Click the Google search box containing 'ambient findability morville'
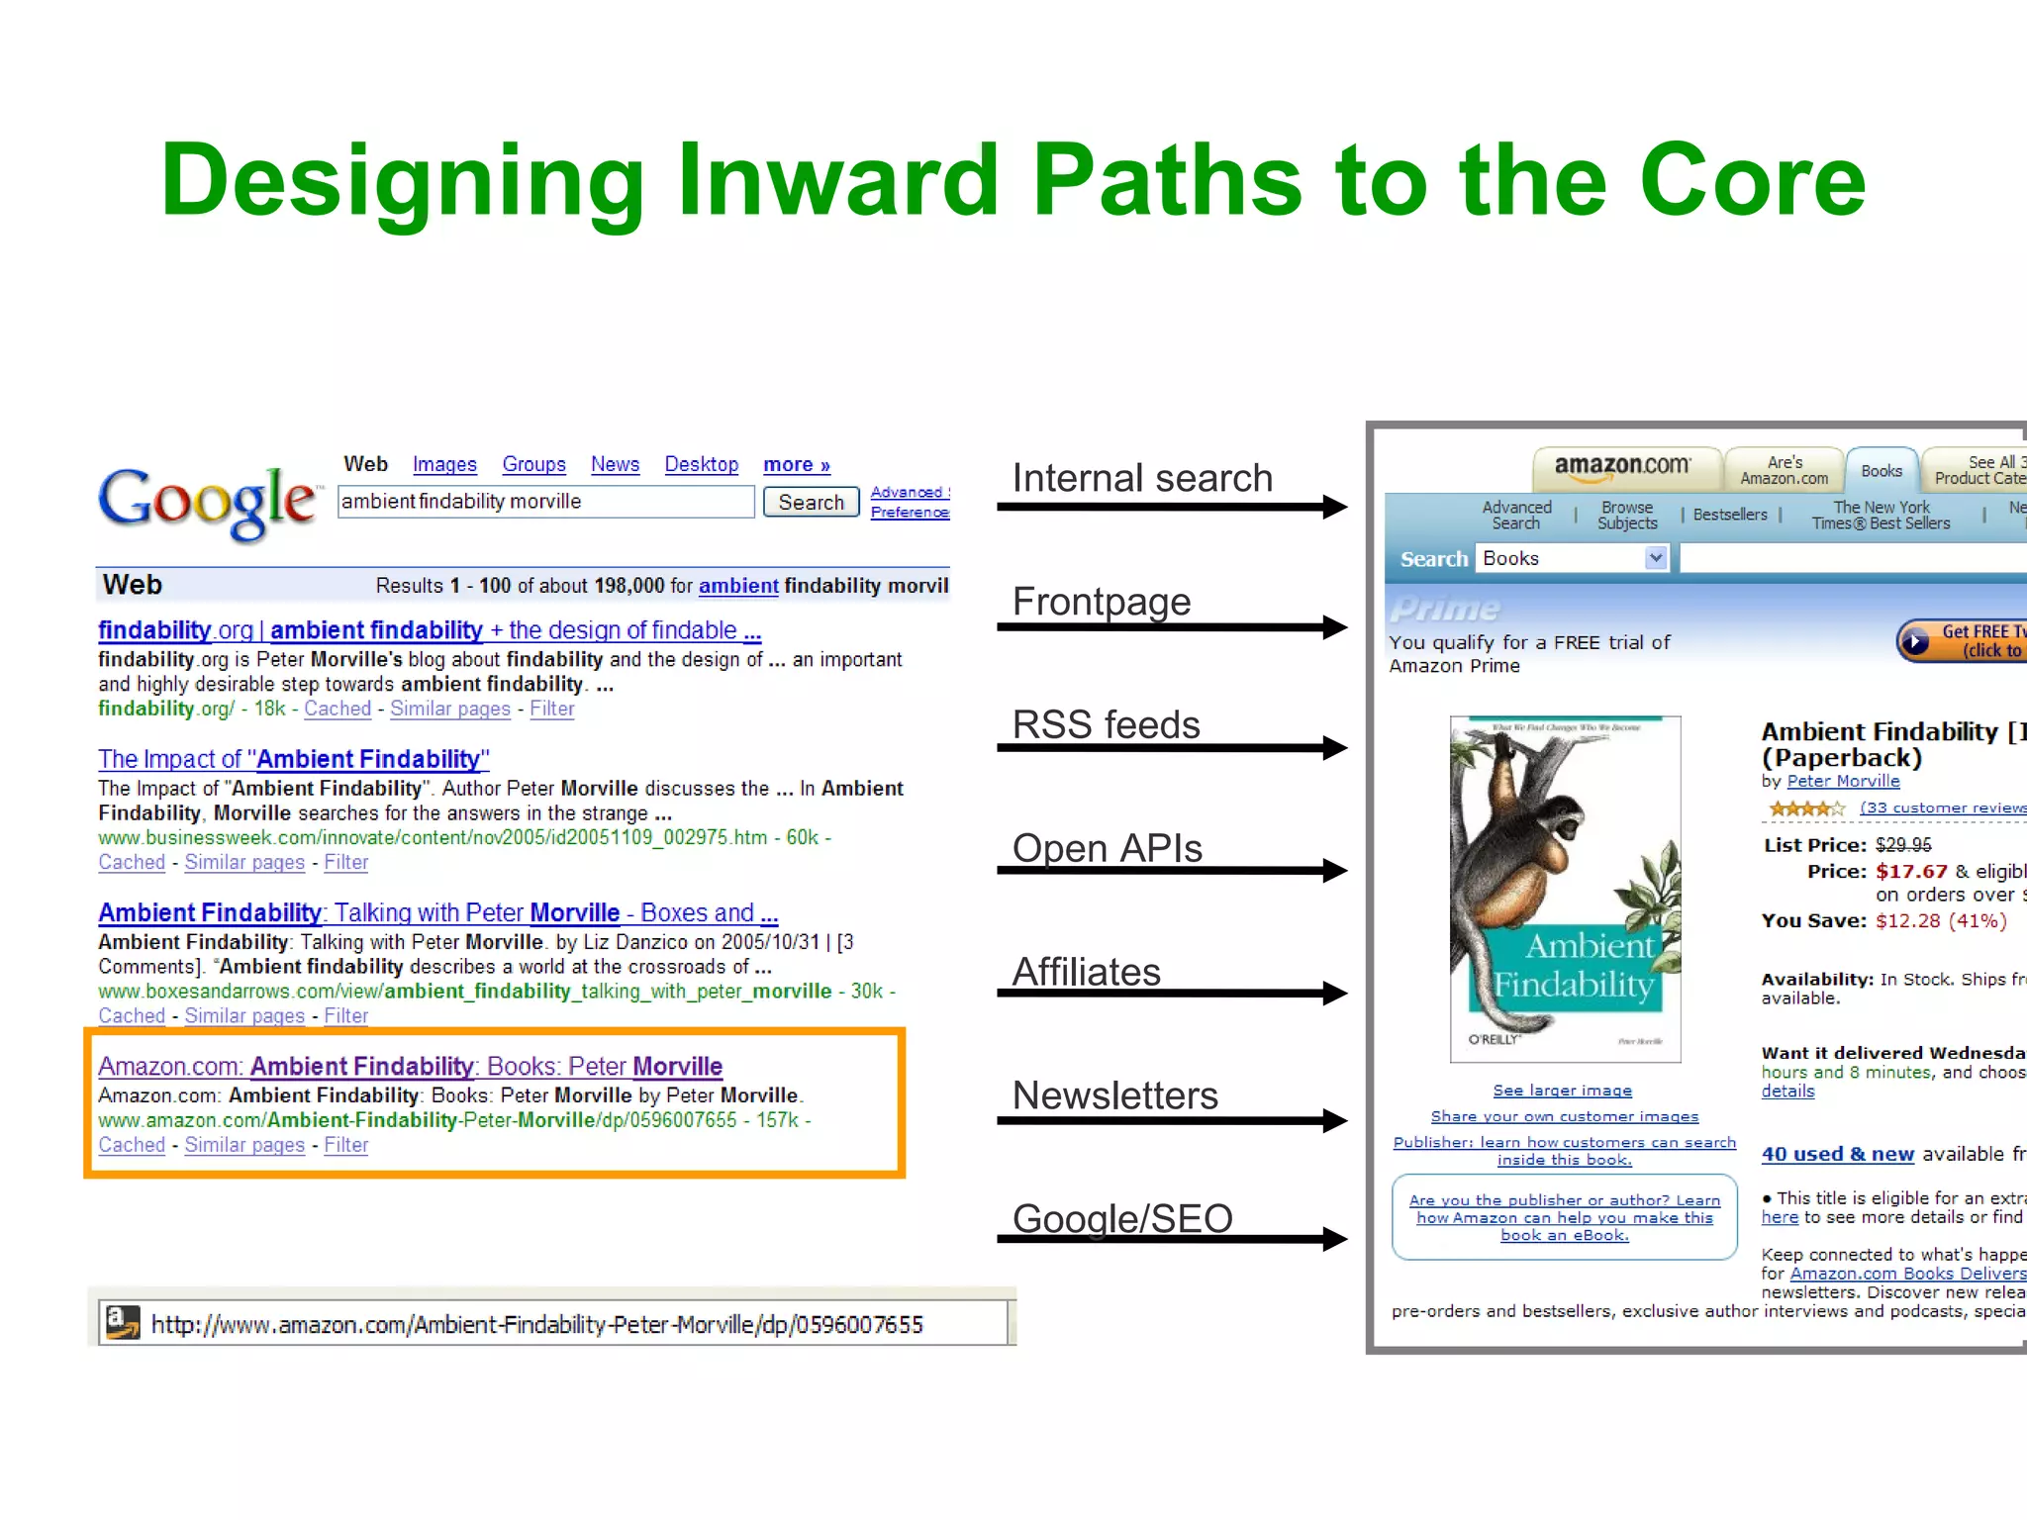tap(545, 502)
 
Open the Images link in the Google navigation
tap(444, 464)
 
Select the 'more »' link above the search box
tap(796, 464)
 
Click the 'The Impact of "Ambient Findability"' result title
tap(293, 759)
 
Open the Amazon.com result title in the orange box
tap(410, 1066)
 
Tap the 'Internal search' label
tap(1142, 478)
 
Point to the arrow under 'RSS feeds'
tap(1172, 748)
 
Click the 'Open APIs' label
tap(1107, 848)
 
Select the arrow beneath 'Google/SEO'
tap(1172, 1239)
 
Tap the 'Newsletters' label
tap(1115, 1095)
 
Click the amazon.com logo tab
tap(1622, 467)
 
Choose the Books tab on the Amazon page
tap(1881, 471)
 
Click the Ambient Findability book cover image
tap(1565, 889)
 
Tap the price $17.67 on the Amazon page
tap(1910, 871)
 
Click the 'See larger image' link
tap(1562, 1091)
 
